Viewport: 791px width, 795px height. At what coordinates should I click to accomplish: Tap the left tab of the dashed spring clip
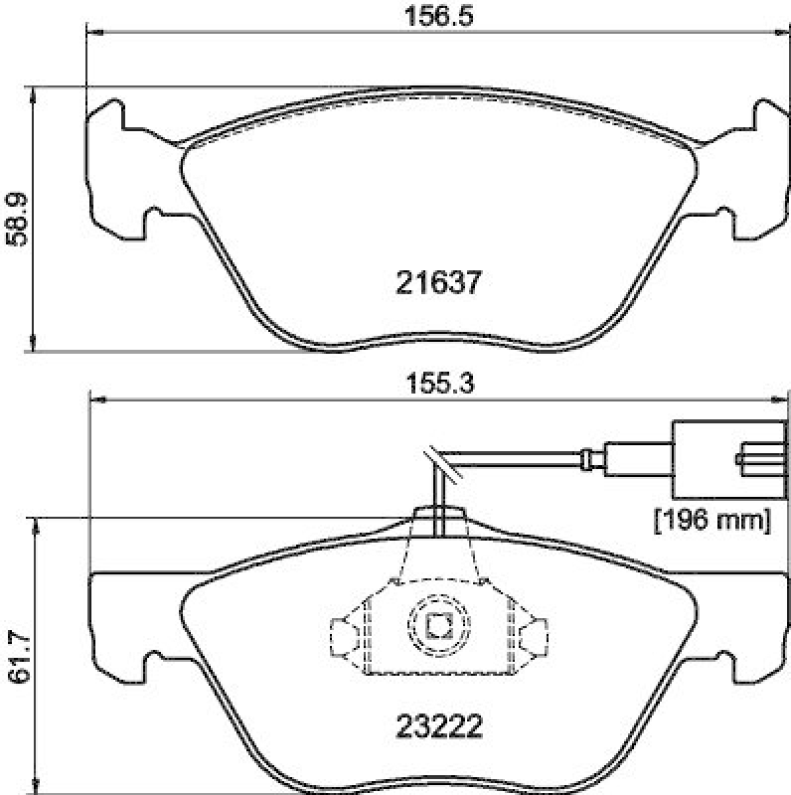click(x=342, y=636)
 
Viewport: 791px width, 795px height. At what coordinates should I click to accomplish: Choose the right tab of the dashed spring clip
click(x=534, y=636)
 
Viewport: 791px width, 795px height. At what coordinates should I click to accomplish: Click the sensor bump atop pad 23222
click(x=438, y=520)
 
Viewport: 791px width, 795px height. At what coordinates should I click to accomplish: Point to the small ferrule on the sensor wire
click(x=589, y=459)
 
